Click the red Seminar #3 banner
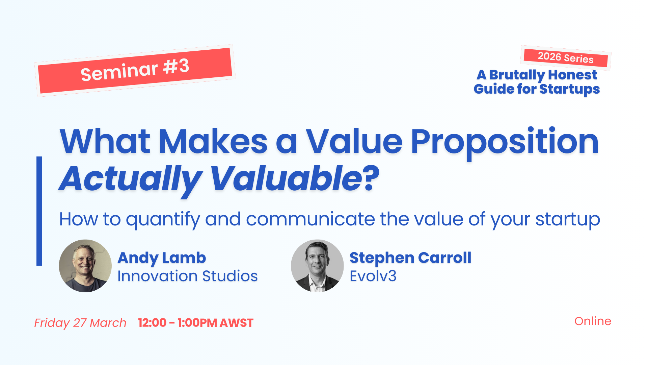(x=135, y=71)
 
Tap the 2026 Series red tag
(x=566, y=58)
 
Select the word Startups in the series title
(x=570, y=89)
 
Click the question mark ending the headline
(x=371, y=178)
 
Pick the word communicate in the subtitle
(x=310, y=219)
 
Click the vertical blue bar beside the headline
(x=39, y=211)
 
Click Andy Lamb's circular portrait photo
(x=85, y=266)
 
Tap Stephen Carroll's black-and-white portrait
(x=317, y=266)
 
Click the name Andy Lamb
(x=162, y=258)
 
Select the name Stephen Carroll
(x=410, y=258)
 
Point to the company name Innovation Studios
(x=188, y=276)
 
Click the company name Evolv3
(x=373, y=276)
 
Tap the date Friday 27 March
(x=80, y=323)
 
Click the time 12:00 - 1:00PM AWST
(x=196, y=323)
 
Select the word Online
(x=593, y=321)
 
